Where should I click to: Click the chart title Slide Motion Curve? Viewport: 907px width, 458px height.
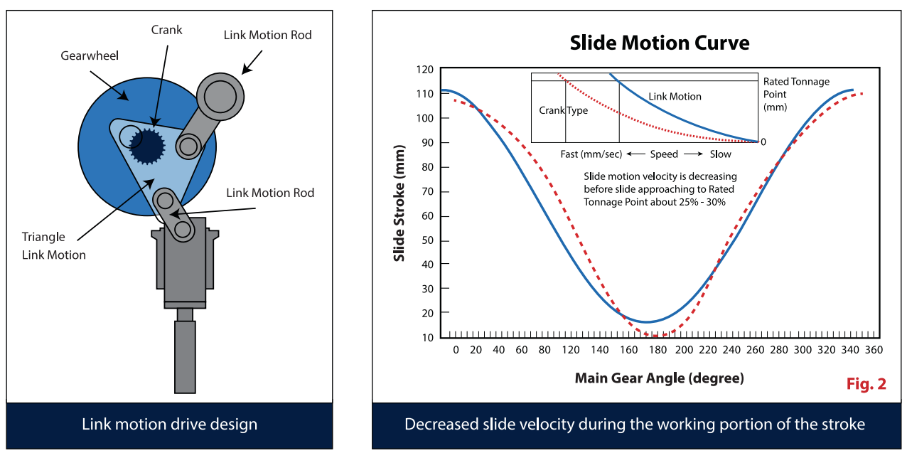(x=659, y=43)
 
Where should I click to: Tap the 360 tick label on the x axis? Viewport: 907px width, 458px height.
(x=874, y=350)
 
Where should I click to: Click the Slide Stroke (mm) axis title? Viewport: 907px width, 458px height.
(x=399, y=203)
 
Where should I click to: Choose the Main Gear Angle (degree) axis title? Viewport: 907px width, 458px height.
(x=659, y=378)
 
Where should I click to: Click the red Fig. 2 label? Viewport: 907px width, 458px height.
(x=866, y=384)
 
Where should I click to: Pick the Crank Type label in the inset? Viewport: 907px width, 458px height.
(x=563, y=110)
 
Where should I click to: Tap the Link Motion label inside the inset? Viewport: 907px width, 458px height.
(x=675, y=96)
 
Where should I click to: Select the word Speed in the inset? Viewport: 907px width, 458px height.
(x=665, y=154)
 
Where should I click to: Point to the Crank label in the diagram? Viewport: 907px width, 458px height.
(x=167, y=30)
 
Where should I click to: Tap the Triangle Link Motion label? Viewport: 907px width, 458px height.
(x=54, y=246)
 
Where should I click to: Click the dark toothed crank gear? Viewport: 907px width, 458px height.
(x=149, y=147)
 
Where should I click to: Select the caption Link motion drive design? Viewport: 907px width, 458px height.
(x=169, y=425)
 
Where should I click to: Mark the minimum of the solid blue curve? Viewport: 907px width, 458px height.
(x=645, y=322)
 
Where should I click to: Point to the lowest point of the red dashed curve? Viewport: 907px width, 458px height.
(x=658, y=336)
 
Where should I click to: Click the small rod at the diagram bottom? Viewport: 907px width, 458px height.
(x=185, y=356)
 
